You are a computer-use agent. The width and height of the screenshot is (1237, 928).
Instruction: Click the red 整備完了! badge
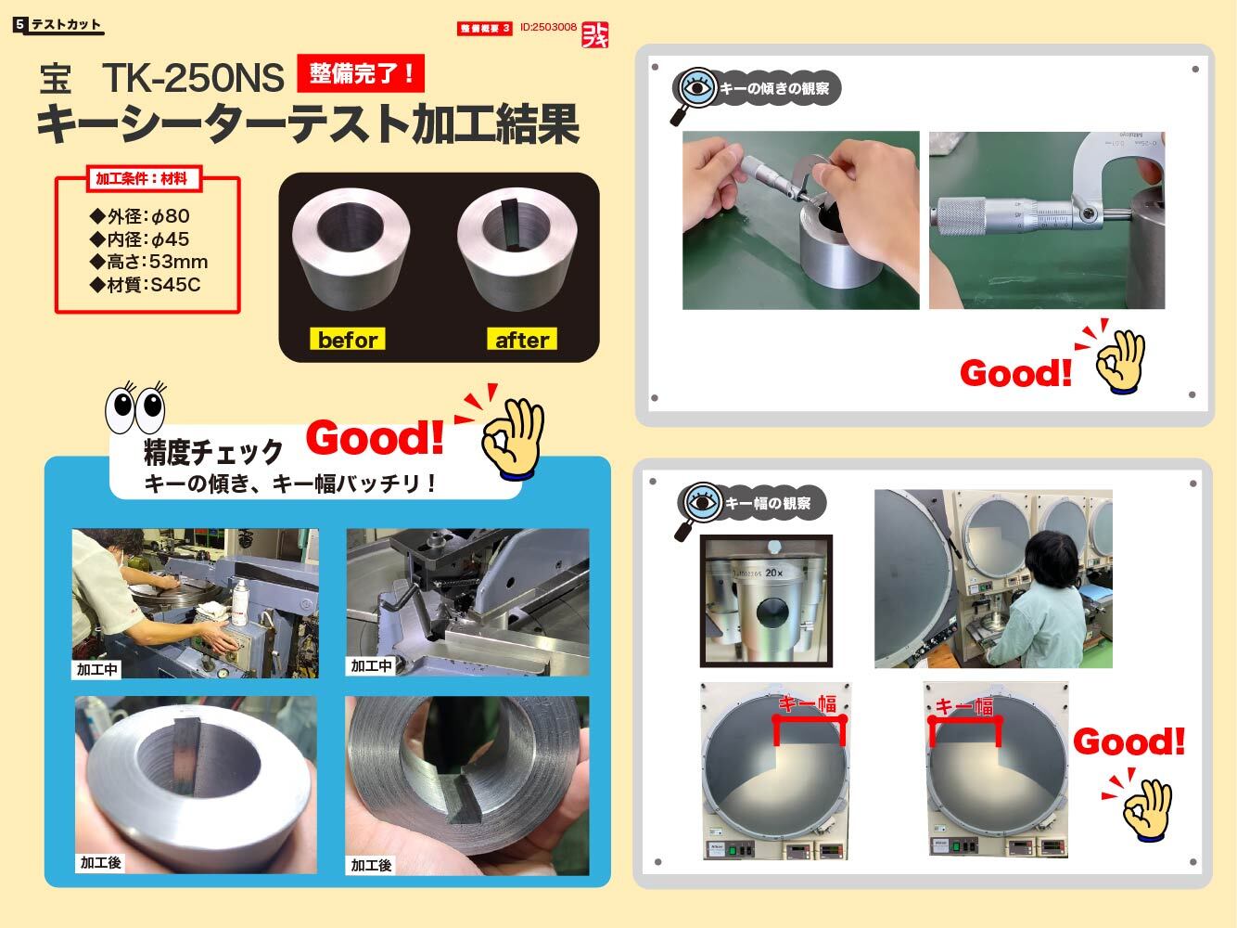click(360, 73)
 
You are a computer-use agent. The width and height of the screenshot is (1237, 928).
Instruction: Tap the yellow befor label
click(347, 340)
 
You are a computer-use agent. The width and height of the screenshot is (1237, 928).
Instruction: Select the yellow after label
click(522, 340)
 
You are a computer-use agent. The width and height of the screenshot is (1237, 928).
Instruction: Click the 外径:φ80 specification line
click(140, 216)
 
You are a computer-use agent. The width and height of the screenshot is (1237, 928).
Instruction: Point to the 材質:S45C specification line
click(145, 285)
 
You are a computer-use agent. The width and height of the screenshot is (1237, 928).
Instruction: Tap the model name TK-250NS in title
click(192, 79)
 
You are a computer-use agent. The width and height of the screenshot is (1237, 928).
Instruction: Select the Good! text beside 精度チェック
click(375, 438)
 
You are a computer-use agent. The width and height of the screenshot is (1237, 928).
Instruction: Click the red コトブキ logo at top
click(593, 34)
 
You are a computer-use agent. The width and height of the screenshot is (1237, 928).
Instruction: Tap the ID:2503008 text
click(548, 28)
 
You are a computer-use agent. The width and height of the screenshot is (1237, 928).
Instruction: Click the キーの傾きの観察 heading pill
click(770, 89)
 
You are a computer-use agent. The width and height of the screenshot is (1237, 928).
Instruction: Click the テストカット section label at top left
click(65, 25)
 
